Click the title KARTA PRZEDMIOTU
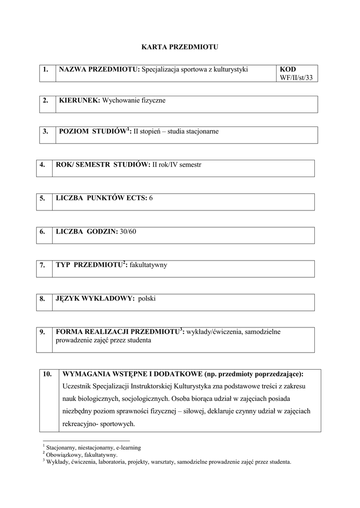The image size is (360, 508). pos(180,47)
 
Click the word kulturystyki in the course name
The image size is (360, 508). pos(230,70)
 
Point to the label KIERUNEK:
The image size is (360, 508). pos(79,101)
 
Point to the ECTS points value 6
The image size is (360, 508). pos(151,198)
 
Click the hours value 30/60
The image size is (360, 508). pos(128,231)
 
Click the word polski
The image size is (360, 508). pos(147,299)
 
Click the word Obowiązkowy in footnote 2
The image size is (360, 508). pos(63,454)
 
